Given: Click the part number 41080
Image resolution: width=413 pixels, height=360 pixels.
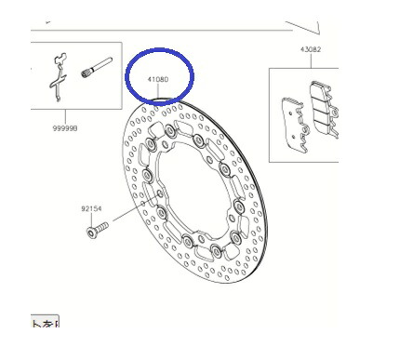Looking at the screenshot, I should point(159,81).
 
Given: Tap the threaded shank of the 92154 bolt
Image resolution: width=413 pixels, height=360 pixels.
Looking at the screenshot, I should point(101,226).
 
